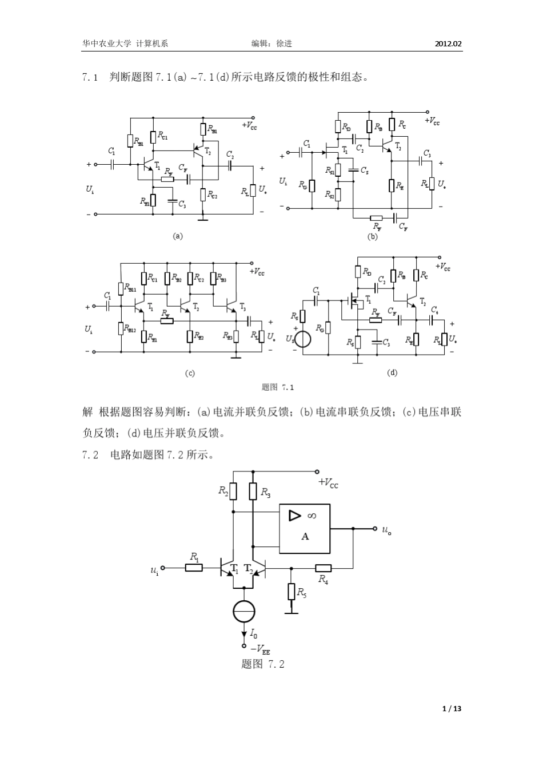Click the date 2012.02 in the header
[x=448, y=43]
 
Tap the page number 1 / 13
[x=452, y=708]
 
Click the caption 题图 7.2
[x=263, y=664]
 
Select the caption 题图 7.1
[x=277, y=387]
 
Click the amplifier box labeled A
[x=305, y=529]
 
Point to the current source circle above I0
[x=244, y=612]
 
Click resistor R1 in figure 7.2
[x=194, y=568]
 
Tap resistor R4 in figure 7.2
[x=323, y=568]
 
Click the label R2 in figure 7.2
[x=223, y=490]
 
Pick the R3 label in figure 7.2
[x=265, y=491]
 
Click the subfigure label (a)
[x=178, y=235]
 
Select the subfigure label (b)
[x=372, y=235]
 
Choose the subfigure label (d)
[x=392, y=372]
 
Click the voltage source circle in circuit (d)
[x=303, y=339]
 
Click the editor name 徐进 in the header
[x=284, y=43]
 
